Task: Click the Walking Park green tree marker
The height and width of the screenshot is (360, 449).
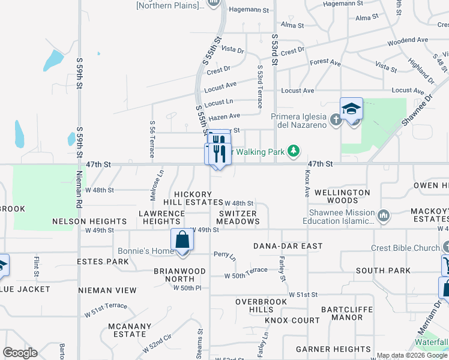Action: (x=294, y=151)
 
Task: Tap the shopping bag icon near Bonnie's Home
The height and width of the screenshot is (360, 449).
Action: (x=182, y=239)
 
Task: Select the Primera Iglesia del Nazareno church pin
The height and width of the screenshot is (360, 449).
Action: (x=336, y=120)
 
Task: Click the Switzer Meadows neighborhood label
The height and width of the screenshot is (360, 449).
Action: (x=238, y=217)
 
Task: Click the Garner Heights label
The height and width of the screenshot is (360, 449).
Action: (x=333, y=349)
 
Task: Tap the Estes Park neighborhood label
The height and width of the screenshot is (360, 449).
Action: (x=103, y=262)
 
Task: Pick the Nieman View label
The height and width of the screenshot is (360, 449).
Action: (x=107, y=290)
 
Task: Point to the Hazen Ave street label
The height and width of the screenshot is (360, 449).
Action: (x=226, y=116)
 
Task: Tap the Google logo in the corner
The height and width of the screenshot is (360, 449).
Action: (x=20, y=353)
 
